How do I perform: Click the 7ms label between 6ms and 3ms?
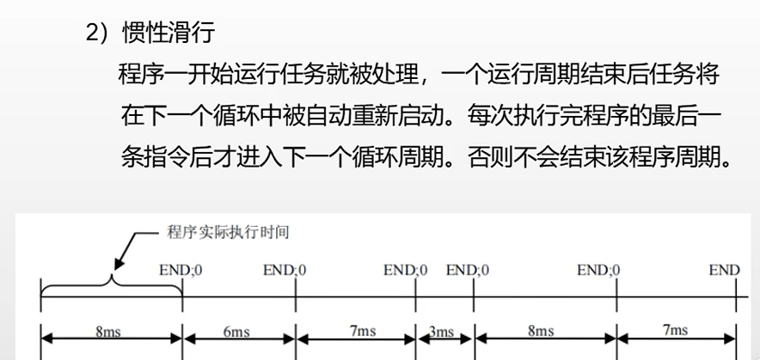click(x=362, y=332)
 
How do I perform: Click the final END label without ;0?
click(x=723, y=271)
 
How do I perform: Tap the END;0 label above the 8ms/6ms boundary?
click(x=181, y=271)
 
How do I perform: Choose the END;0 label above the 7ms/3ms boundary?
click(x=406, y=271)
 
